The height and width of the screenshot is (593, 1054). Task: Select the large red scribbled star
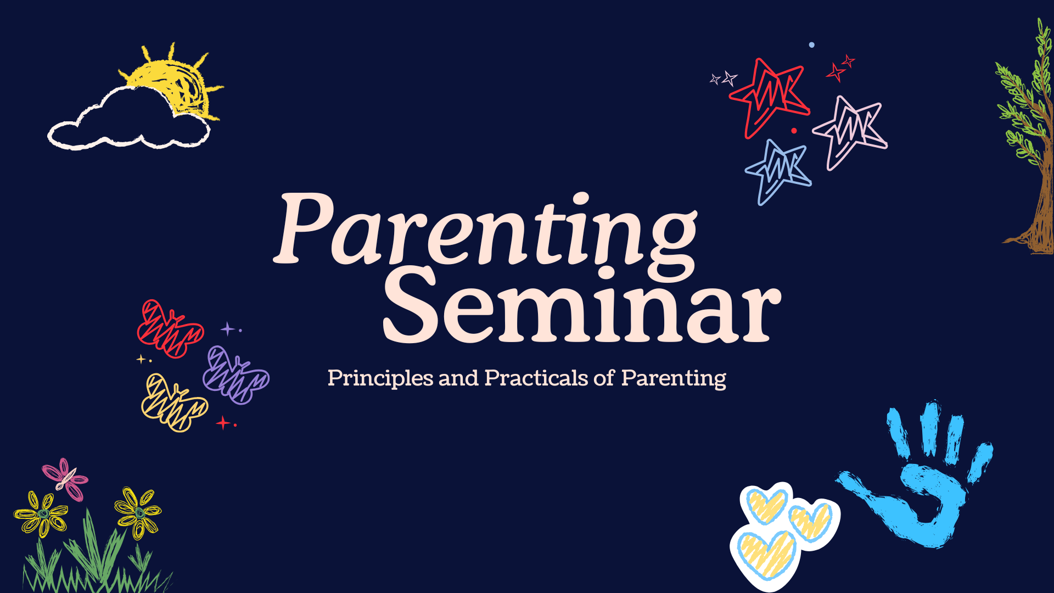coord(769,96)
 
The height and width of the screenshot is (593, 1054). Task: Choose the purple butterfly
coord(235,376)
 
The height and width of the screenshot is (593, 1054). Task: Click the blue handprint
coord(928,489)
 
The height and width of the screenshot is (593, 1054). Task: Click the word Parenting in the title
coord(486,231)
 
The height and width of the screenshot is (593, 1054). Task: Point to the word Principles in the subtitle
coord(380,378)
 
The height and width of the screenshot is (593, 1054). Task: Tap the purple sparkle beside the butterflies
coord(227,329)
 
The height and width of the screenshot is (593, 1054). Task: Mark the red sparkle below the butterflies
coord(223,423)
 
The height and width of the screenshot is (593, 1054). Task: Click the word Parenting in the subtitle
coord(674,378)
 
